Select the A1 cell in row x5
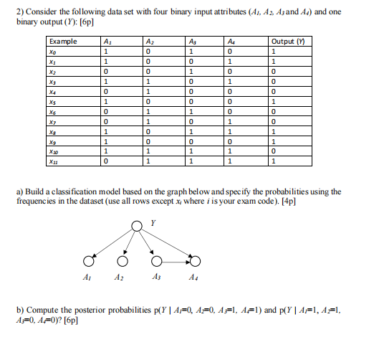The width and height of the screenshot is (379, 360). point(106,102)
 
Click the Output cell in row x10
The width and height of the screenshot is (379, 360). point(273,152)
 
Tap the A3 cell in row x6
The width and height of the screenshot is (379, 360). point(191,112)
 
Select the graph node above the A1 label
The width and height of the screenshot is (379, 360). point(87,259)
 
